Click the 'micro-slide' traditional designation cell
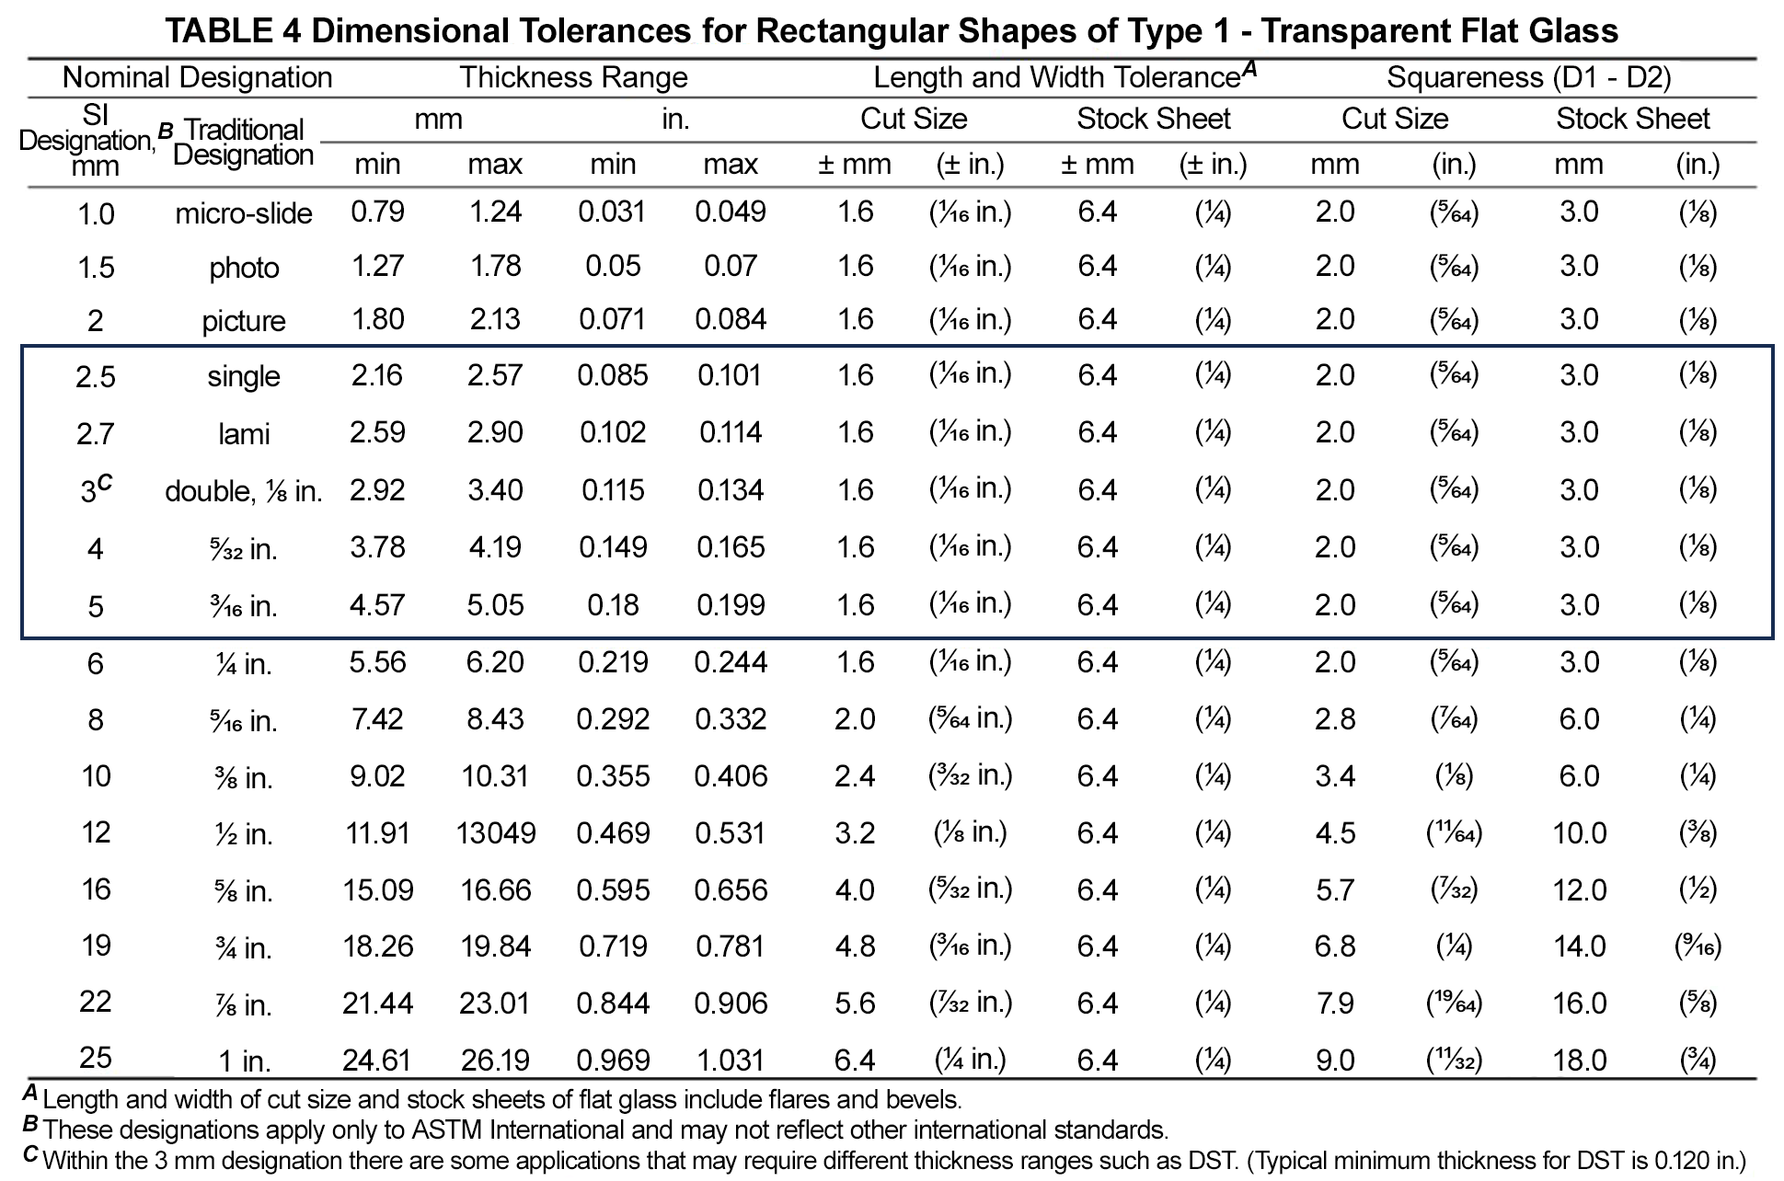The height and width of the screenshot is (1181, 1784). pos(244,213)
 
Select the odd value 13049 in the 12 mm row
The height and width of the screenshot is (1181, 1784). pos(496,833)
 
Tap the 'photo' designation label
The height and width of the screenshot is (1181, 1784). pos(244,268)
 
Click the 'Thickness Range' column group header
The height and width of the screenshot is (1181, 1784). pos(574,77)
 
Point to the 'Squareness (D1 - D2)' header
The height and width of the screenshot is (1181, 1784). pos(1529,77)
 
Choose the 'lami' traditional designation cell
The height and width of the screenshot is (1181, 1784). pos(244,433)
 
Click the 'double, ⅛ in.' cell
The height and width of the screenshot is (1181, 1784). pos(244,492)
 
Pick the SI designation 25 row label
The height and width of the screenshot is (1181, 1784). pos(96,1058)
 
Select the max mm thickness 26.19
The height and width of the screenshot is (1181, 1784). pos(496,1061)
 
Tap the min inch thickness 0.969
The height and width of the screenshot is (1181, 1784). pos(614,1061)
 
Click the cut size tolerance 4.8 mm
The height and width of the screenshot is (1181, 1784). pos(855,946)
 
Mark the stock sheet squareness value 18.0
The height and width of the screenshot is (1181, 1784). pos(1580,1061)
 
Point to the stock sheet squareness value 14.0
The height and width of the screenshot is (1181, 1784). pos(1580,946)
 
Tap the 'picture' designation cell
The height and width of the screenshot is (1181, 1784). pos(244,321)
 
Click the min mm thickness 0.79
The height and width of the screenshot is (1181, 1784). pos(378,212)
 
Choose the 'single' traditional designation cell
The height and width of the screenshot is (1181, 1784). pos(244,376)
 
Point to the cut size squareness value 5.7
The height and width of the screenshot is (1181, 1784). pos(1335,890)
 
